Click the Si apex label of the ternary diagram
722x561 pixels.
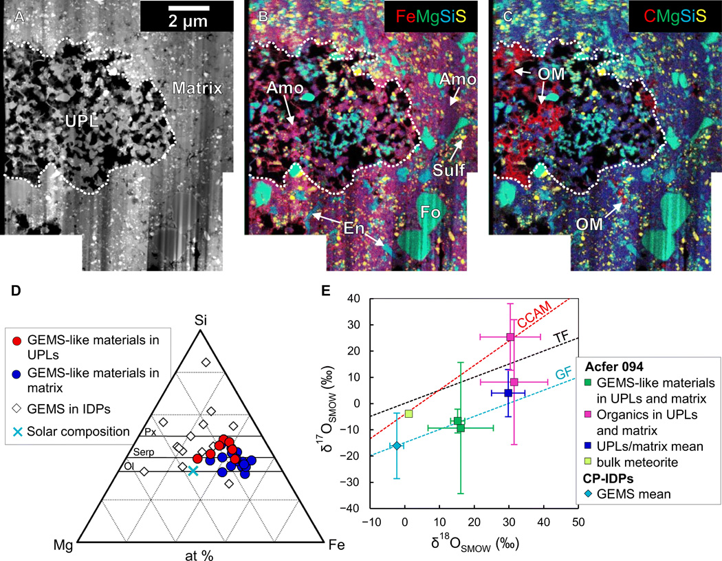coord(200,320)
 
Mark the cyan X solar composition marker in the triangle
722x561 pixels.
coord(193,471)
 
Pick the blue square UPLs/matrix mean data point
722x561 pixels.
coord(508,393)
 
